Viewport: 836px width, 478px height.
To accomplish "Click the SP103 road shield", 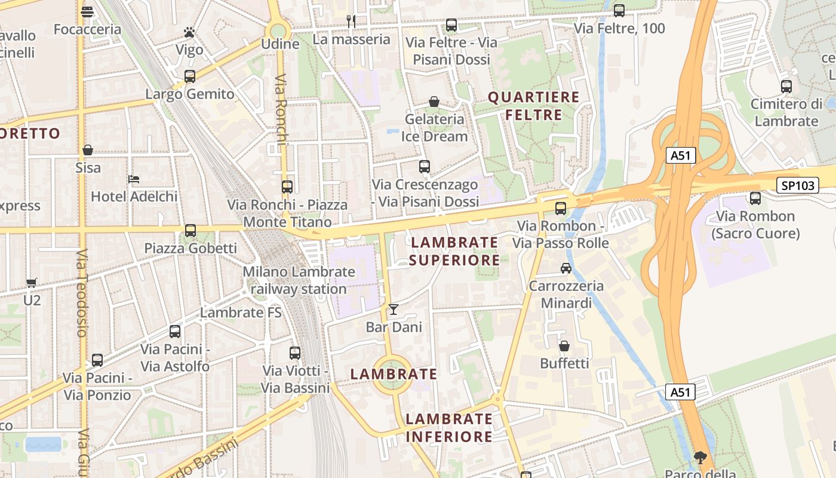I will click(798, 185).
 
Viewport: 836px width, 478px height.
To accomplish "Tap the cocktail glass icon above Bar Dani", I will click(393, 309).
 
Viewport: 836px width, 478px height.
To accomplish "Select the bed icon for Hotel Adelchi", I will click(134, 179).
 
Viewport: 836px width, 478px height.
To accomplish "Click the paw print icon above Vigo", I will click(189, 32).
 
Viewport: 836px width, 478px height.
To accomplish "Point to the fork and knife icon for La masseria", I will click(351, 22).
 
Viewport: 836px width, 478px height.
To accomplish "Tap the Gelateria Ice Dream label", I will click(434, 127).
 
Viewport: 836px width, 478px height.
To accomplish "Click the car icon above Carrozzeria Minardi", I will click(565, 268).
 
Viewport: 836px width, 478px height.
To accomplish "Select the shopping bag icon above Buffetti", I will click(564, 346).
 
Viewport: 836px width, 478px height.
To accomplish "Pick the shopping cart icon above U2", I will click(32, 283).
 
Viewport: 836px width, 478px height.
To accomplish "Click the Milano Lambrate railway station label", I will click(299, 280).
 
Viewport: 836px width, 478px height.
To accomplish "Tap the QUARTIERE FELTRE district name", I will click(534, 106).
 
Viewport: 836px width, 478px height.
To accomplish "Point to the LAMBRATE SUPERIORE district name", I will click(454, 251).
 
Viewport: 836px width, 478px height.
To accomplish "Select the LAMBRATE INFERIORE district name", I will click(449, 427).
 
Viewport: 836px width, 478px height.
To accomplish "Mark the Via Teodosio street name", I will click(82, 293).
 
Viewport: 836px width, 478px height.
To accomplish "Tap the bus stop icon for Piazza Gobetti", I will click(190, 230).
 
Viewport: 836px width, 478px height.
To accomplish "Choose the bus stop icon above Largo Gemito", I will click(190, 76).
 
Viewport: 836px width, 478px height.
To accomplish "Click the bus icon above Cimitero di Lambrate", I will click(786, 86).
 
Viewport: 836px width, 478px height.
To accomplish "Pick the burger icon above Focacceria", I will click(87, 11).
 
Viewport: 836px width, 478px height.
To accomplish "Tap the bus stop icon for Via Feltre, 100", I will click(619, 10).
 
